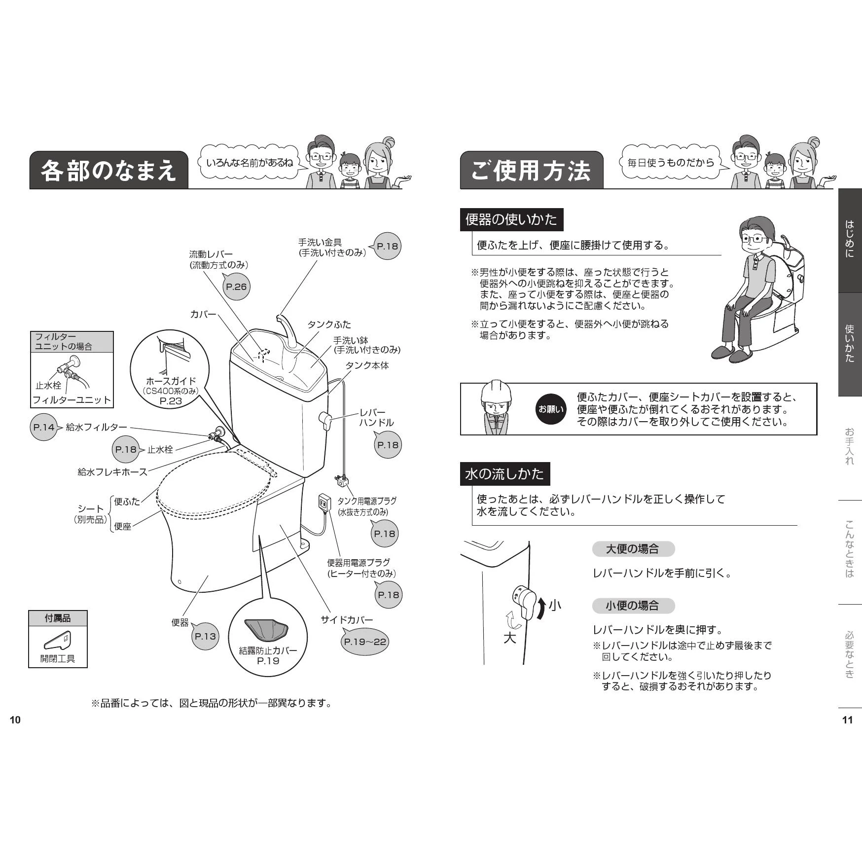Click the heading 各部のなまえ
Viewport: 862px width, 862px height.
108,171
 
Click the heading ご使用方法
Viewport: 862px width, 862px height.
531,171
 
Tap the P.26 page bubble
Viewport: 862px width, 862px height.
236,287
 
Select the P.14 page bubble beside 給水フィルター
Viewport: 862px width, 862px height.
44,427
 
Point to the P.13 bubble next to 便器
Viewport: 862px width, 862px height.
205,636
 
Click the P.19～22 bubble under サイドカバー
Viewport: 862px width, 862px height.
365,642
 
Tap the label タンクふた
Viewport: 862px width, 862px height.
329,324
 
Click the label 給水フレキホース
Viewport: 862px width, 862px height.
112,472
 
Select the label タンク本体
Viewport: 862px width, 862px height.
367,365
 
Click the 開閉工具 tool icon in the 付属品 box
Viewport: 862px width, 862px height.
58,641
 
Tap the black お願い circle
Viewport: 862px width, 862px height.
551,409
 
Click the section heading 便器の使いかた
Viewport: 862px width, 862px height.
511,219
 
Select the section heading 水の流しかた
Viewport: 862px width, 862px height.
504,474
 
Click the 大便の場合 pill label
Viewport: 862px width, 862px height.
632,549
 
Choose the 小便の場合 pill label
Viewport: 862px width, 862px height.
632,606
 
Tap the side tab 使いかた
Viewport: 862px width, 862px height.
850,344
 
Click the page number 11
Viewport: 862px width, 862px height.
847,720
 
